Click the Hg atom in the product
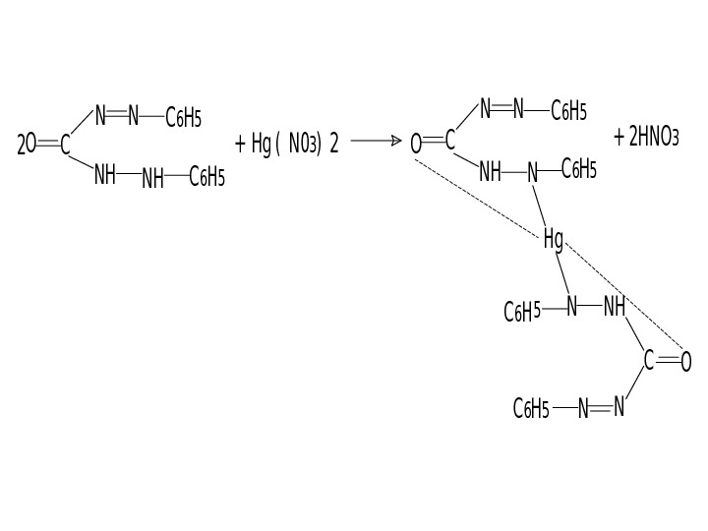coord(554,238)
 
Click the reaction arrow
coord(376,142)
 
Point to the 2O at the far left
coord(27,147)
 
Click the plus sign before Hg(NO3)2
coord(240,145)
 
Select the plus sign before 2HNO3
coord(619,137)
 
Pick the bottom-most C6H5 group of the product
coord(531,409)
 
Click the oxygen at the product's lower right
coord(686,362)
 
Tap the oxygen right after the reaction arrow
coord(416,145)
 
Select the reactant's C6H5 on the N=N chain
coord(184,119)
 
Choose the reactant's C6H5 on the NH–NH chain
coord(206,177)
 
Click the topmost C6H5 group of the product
coord(568,110)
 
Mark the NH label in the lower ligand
coord(615,307)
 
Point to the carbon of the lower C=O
coord(649,361)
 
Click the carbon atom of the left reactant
coord(65,147)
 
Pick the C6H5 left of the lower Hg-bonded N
coord(522,312)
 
